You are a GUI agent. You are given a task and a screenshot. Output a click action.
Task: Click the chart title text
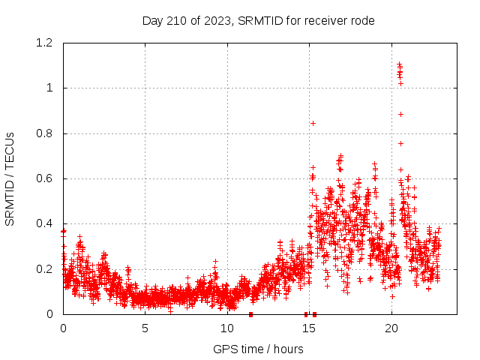[258, 20]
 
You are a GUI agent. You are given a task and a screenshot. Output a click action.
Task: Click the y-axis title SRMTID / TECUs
[10, 179]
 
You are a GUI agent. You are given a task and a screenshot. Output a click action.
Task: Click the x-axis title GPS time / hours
[258, 349]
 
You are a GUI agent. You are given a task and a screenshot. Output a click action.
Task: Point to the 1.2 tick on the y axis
[46, 43]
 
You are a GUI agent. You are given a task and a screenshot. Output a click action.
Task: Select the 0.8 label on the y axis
[46, 133]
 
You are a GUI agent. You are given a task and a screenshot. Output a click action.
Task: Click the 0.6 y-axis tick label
[46, 179]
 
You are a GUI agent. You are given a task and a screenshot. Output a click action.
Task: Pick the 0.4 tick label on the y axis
[46, 224]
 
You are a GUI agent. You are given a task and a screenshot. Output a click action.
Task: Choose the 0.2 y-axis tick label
[46, 269]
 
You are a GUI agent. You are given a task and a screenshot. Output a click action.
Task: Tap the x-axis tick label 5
[145, 328]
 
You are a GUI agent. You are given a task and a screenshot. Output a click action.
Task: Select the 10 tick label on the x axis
[227, 328]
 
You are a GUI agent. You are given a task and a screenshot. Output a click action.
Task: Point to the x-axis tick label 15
[309, 328]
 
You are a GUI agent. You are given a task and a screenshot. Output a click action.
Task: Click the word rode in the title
[361, 20]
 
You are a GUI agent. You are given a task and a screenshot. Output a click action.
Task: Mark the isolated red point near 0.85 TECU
[313, 123]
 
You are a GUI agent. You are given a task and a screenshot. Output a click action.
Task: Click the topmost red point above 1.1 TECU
[399, 64]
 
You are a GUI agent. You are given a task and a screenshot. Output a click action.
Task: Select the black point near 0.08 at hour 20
[391, 296]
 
